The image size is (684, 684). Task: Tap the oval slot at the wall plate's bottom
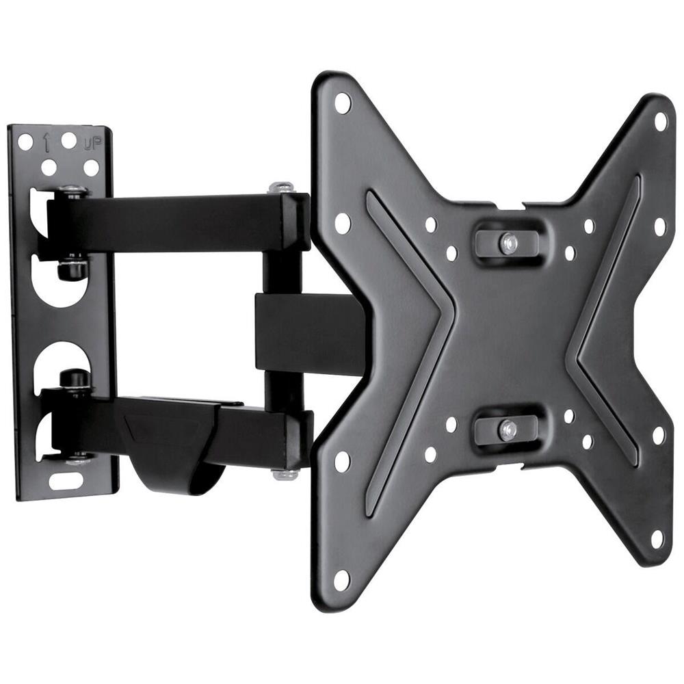[x=66, y=480]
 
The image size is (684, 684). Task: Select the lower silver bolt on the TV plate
[x=507, y=429]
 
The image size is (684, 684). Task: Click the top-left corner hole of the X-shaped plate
[x=342, y=103]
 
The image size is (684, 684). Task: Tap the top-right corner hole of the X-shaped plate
[x=660, y=121]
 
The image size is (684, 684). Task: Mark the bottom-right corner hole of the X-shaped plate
[x=657, y=538]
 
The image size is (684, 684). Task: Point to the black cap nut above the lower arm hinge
[x=73, y=378]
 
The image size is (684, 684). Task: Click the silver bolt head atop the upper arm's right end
[x=281, y=187]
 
